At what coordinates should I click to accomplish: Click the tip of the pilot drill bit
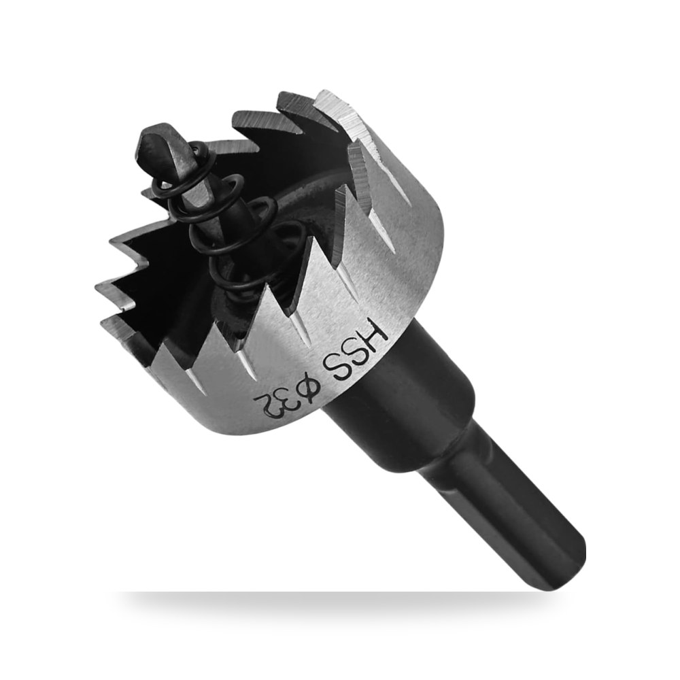[x=148, y=133]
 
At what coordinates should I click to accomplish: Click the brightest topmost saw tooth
[x=343, y=113]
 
